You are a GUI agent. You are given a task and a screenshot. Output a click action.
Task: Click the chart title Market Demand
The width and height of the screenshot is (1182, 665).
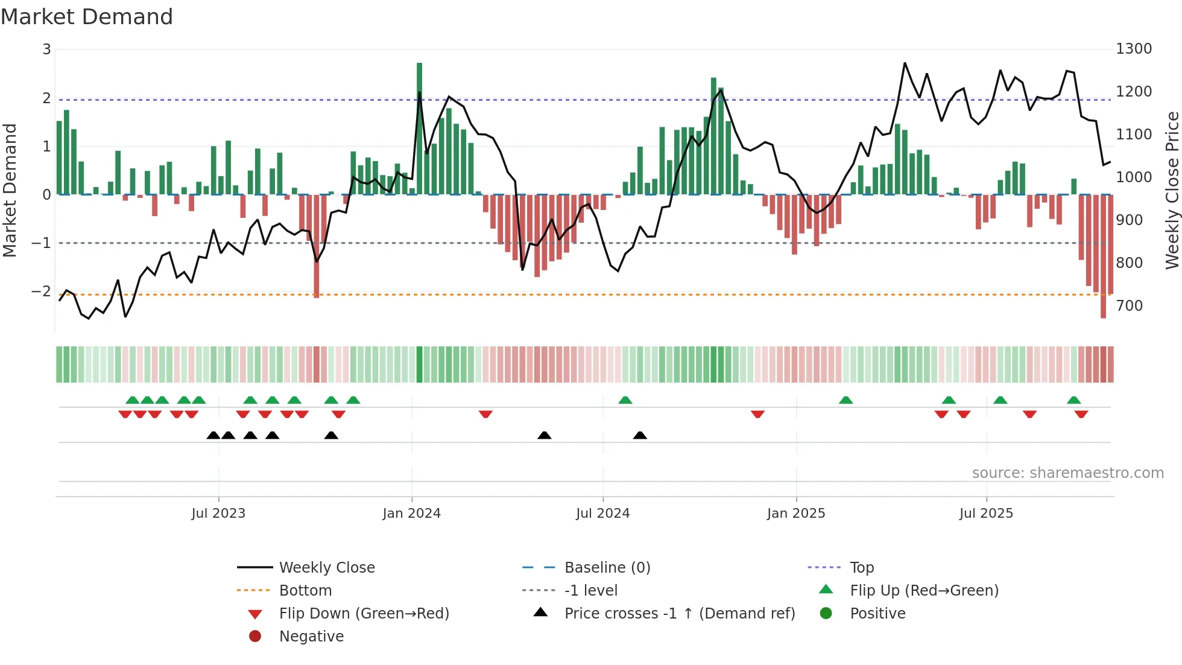click(x=87, y=17)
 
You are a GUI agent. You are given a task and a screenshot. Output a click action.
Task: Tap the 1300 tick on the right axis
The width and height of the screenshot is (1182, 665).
click(x=1133, y=49)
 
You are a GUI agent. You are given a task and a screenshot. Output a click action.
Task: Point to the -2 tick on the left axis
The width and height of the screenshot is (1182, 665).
click(x=42, y=291)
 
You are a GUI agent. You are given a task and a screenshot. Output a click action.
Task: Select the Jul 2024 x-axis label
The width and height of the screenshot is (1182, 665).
click(x=602, y=514)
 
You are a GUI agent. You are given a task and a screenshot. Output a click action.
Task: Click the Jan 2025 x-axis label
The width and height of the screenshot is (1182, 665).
click(x=795, y=514)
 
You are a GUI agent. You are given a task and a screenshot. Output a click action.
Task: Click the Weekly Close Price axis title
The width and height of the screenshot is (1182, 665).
click(x=1171, y=190)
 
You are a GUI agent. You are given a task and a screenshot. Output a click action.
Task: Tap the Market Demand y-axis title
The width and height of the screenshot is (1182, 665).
click(x=10, y=190)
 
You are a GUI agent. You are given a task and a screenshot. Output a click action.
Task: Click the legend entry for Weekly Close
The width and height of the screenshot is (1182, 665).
click(x=326, y=568)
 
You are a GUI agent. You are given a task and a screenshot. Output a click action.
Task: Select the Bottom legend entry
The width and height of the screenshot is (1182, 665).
click(x=305, y=591)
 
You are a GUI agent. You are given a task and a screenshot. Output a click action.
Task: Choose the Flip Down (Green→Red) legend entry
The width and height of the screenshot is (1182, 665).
click(x=364, y=614)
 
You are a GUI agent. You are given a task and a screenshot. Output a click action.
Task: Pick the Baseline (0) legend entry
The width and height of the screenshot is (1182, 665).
click(x=607, y=568)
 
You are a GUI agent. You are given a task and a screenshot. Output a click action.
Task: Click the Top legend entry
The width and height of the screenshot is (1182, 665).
click(x=861, y=568)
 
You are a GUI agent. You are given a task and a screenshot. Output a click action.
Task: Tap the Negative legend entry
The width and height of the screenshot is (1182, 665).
click(x=311, y=637)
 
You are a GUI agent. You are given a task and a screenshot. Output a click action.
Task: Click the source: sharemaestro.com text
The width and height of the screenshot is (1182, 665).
click(x=1067, y=473)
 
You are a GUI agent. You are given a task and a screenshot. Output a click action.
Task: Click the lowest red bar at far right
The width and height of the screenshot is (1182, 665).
click(x=1103, y=256)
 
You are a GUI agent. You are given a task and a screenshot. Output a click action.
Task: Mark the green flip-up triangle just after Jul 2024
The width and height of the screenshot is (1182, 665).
click(x=625, y=400)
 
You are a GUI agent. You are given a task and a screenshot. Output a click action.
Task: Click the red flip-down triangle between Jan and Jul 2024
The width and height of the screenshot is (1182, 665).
click(x=485, y=414)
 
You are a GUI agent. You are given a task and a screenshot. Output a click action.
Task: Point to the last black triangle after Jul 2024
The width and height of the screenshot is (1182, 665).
click(x=640, y=435)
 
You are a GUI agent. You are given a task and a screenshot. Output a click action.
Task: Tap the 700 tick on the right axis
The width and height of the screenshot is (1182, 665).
click(x=1129, y=306)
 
